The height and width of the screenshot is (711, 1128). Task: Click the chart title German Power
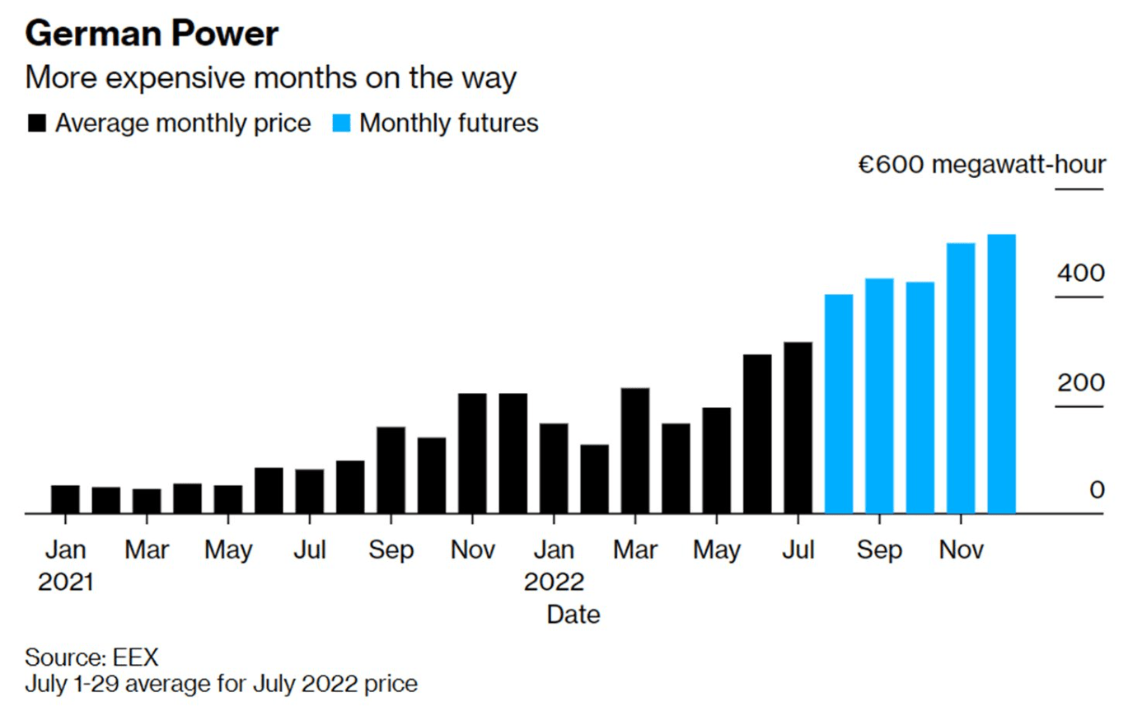[152, 34]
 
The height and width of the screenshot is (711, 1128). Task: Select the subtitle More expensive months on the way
[270, 78]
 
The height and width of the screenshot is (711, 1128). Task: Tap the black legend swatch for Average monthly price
[37, 124]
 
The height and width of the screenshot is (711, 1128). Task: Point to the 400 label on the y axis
[1080, 272]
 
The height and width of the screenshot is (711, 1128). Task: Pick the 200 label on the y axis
[1080, 382]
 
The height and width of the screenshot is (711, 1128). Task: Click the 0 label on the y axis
[1097, 489]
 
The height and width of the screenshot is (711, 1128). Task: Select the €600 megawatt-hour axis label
[981, 164]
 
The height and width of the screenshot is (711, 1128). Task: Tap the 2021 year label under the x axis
[65, 582]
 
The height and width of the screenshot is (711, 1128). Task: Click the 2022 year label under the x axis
[554, 582]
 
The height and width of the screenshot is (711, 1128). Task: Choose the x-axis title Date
[573, 614]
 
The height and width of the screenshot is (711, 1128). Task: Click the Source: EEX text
[91, 657]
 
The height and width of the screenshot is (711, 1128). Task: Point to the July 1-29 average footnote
[221, 684]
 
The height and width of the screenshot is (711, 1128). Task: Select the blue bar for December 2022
[1001, 374]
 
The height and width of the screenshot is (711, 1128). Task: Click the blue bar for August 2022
[839, 404]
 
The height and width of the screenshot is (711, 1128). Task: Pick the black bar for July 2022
[798, 428]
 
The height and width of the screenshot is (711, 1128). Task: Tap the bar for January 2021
[65, 499]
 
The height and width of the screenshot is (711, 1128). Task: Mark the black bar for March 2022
[634, 451]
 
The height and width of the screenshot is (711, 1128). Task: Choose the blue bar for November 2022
[961, 378]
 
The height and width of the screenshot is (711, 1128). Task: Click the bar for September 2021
[391, 470]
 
